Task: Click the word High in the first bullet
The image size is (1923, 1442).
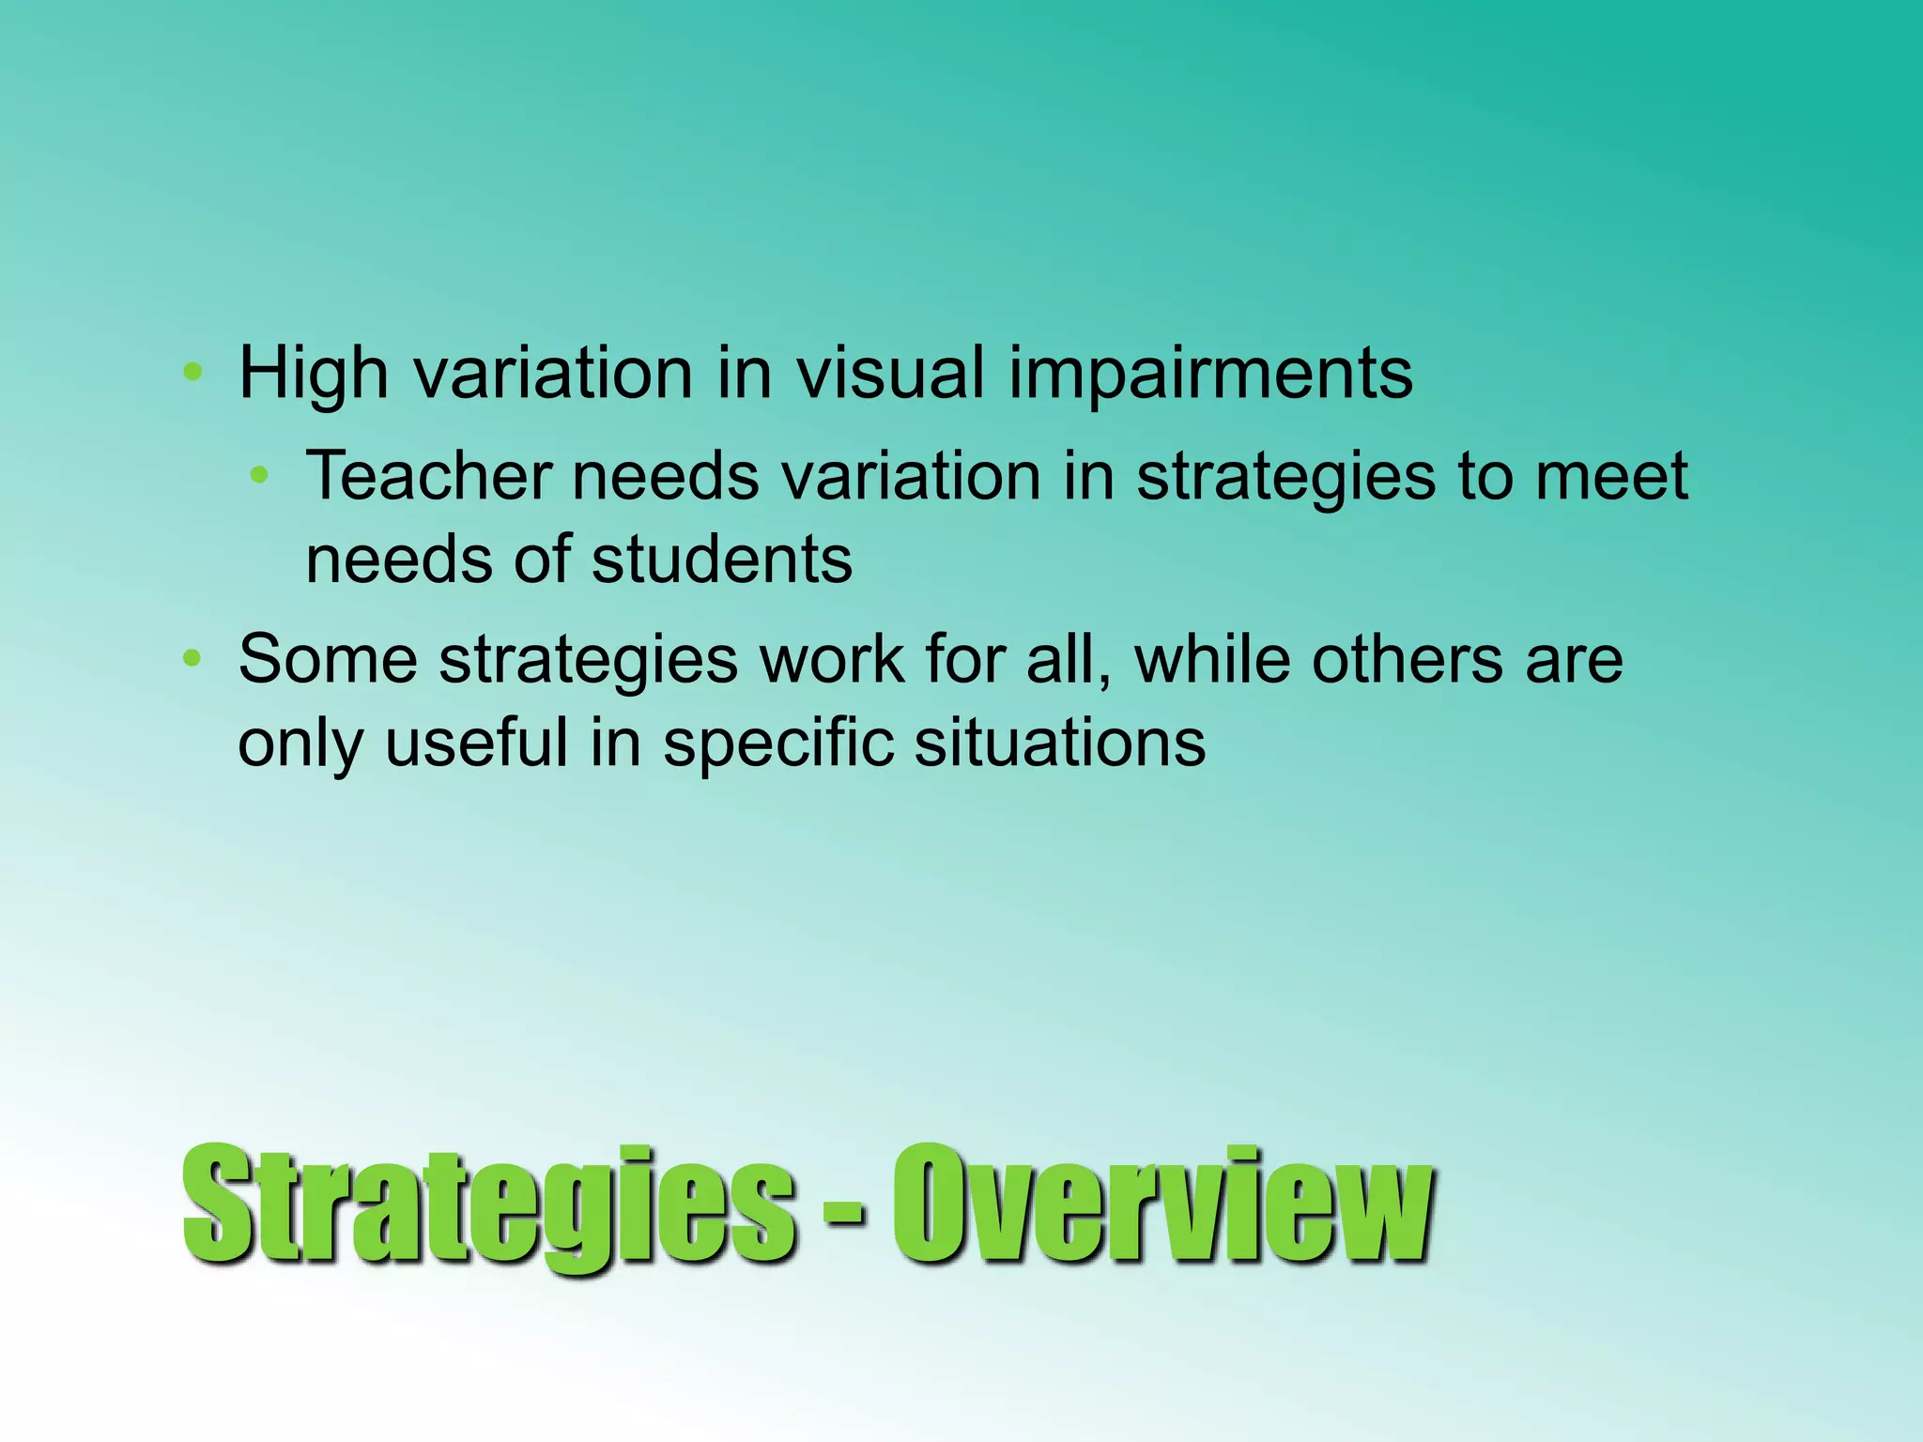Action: point(314,374)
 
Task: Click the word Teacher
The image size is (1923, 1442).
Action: point(428,475)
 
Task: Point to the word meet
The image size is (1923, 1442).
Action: point(1611,475)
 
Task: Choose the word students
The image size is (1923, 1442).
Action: point(721,560)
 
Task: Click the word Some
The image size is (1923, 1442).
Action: point(327,659)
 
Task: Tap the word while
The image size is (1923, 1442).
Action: point(1211,659)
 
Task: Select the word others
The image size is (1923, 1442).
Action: point(1407,659)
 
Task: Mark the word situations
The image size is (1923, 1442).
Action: point(1059,743)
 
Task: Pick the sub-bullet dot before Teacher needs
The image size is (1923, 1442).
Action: point(260,475)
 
